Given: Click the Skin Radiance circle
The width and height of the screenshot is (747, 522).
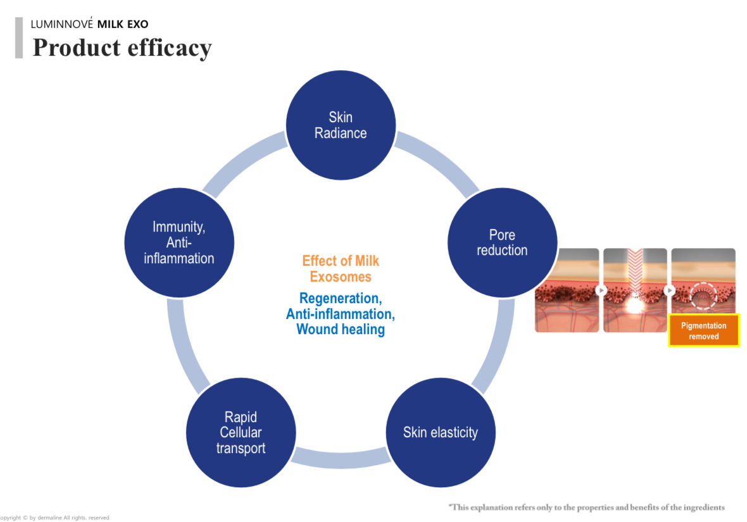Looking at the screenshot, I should pos(341,125).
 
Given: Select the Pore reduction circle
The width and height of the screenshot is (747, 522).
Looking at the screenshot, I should pos(502,243).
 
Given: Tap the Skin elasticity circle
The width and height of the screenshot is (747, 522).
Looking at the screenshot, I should pos(441,433).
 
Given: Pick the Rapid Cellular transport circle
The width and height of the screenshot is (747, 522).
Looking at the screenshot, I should pos(241,433).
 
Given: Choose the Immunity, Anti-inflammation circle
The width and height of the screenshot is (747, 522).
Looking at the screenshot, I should pos(179,243).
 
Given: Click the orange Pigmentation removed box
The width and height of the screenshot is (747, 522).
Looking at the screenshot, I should pos(703,330).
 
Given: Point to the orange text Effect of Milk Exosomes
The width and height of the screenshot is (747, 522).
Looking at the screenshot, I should pos(341,268).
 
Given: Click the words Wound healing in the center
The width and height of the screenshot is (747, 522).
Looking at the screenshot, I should pos(341,329).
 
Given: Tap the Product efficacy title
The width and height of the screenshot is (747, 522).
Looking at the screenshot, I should pos(122,47).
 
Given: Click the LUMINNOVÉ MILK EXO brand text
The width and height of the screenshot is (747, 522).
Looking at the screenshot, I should pos(89,25).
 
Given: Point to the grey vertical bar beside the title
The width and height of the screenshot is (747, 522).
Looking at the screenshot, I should pos(19,38).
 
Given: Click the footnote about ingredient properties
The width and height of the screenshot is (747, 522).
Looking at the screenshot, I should pos(586,507).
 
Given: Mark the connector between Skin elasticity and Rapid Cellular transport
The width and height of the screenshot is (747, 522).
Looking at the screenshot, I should pos(341,458).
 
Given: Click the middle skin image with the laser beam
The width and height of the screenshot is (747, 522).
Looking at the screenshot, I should pos(635,290).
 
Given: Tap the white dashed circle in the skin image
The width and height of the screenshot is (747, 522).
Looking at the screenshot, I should pos(703,294).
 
